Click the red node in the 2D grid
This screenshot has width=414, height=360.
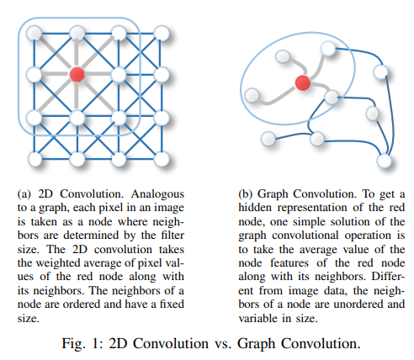pos(77,74)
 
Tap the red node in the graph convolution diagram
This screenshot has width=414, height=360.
pos(303,82)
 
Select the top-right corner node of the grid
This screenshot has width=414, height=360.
pos(162,33)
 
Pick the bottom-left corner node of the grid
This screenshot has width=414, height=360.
pos(35,159)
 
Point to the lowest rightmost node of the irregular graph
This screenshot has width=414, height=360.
pos(384,161)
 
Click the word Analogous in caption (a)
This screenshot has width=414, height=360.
pos(157,194)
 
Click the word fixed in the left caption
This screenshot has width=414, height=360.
pos(172,304)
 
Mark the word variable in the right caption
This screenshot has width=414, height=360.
pos(257,318)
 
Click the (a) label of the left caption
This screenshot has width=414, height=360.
pos(24,194)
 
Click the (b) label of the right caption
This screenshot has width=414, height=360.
pos(245,194)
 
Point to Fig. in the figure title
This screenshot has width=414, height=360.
pos(73,344)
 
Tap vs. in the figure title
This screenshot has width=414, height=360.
pos(223,344)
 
